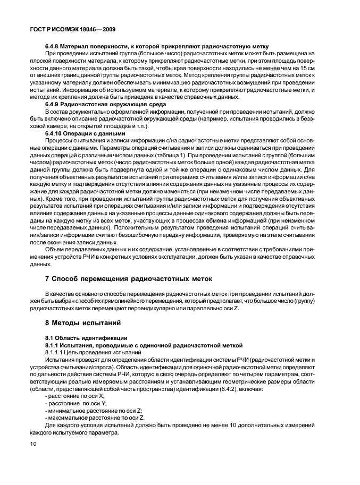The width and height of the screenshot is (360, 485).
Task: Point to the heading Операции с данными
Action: tap(97, 134)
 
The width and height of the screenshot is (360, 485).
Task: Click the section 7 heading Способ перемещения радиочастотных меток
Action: tap(128, 278)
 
